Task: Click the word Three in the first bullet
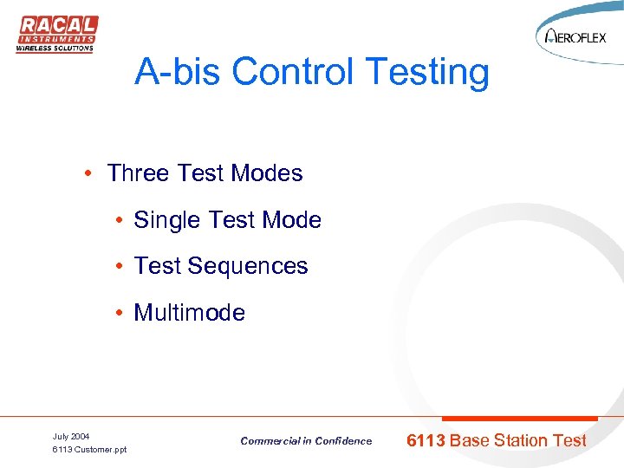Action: pos(138,173)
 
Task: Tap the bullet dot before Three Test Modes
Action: pos(90,174)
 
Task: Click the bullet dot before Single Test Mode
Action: pos(117,221)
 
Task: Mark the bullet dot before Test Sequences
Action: pos(117,267)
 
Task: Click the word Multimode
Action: pos(189,313)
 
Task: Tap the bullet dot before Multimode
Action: pos(117,313)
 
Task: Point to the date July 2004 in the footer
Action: pos(71,436)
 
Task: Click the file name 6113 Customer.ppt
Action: pos(89,450)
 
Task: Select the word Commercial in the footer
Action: pos(270,441)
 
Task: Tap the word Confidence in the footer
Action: pos(342,441)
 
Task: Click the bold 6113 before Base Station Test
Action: pos(426,440)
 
